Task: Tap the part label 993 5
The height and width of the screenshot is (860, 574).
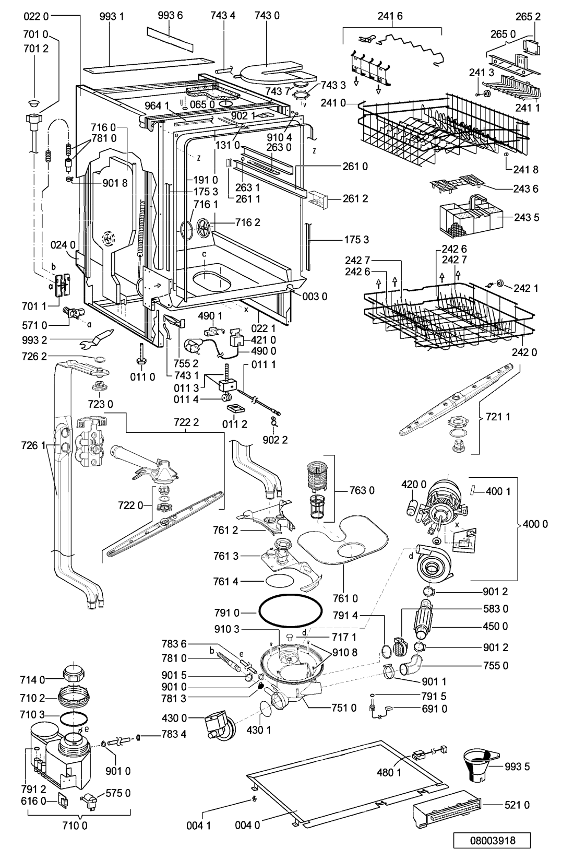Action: (517, 767)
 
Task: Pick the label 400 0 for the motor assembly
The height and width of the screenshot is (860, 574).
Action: (535, 524)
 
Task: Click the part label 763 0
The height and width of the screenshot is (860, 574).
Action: (362, 490)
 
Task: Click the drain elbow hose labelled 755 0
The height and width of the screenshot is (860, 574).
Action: (411, 665)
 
